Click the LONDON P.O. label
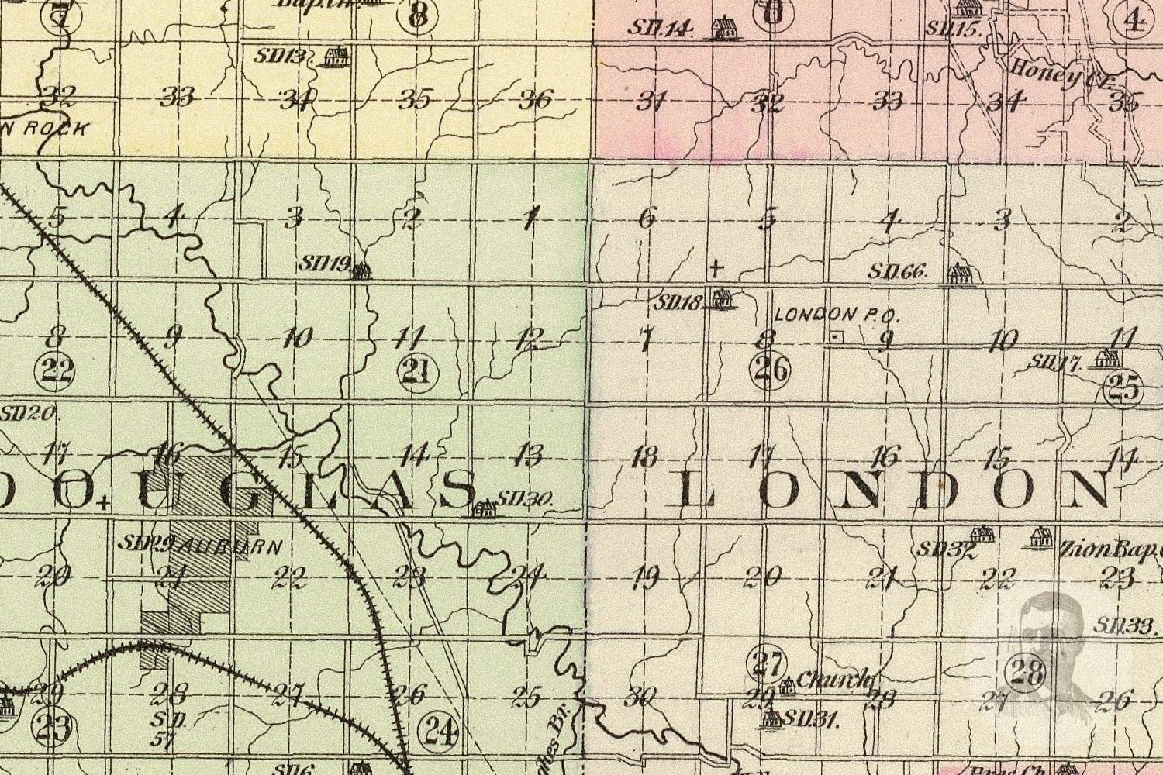pos(836,315)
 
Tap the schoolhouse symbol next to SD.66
pos(959,274)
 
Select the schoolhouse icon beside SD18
pos(722,299)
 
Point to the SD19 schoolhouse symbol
pos(358,270)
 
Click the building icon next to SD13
pos(336,57)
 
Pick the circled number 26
pos(769,370)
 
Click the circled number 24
pos(438,730)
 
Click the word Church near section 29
pos(833,680)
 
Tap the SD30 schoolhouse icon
pos(485,508)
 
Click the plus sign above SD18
pos(716,269)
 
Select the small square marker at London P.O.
pos(835,337)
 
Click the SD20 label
pos(28,413)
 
